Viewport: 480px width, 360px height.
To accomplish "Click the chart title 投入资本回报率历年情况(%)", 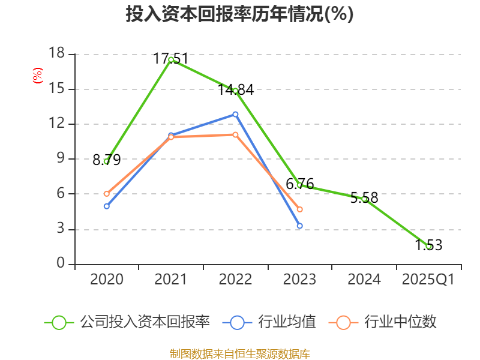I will [x=239, y=14].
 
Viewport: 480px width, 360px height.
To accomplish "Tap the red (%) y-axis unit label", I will [x=38, y=76].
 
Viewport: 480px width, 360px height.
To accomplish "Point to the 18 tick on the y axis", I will [x=56, y=54].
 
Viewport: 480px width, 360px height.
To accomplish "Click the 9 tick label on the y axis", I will [x=60, y=159].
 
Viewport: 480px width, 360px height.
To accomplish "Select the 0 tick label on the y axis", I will [x=60, y=264].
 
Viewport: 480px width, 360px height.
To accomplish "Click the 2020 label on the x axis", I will [x=106, y=280].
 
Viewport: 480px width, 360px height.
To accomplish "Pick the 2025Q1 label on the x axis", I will [x=428, y=280].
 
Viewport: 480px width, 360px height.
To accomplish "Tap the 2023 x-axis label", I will [x=300, y=280].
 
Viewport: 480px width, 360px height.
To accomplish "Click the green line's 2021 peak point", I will [x=171, y=59].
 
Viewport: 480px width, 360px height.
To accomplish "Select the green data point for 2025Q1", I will [x=428, y=246].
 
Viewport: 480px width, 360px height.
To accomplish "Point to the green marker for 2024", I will [x=364, y=199].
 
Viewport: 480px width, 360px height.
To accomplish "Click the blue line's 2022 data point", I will [x=235, y=114].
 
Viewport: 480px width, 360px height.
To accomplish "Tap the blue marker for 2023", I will [x=300, y=226].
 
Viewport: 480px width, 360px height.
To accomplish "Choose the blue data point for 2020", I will [x=106, y=206].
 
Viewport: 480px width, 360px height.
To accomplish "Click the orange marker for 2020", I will [x=106, y=194].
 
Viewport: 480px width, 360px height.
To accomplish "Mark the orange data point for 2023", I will [x=300, y=209].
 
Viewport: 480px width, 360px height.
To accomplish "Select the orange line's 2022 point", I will [x=235, y=134].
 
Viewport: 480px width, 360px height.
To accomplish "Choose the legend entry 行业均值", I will [x=270, y=322].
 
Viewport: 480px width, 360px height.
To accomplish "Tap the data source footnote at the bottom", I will [x=239, y=353].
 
